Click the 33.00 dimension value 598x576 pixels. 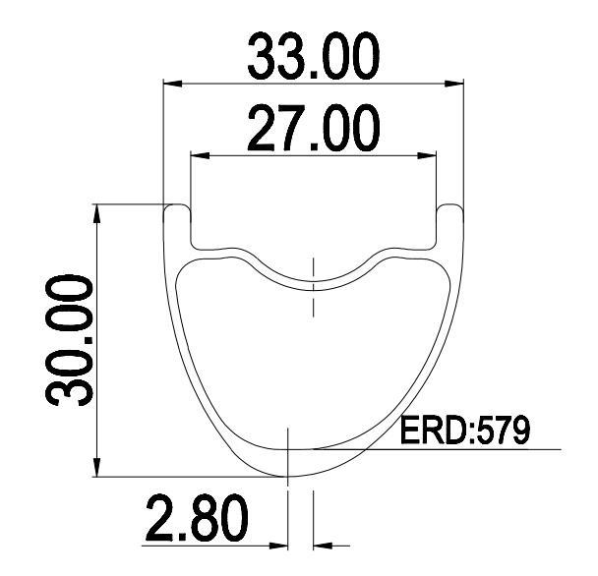click(x=311, y=58)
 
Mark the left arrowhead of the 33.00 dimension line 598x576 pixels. click(x=170, y=83)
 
